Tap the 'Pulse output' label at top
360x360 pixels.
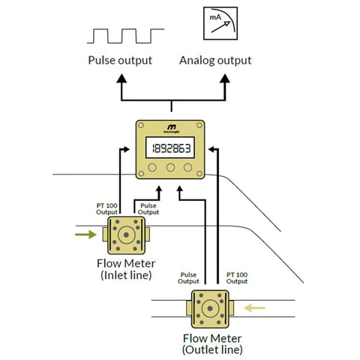(x=120, y=60)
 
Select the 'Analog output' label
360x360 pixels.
(x=215, y=60)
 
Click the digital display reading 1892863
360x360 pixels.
(x=169, y=147)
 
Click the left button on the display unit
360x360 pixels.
(x=153, y=168)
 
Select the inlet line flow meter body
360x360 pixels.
(x=125, y=235)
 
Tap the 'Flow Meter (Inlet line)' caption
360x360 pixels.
(x=124, y=269)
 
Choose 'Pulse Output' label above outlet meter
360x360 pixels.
(x=188, y=279)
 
